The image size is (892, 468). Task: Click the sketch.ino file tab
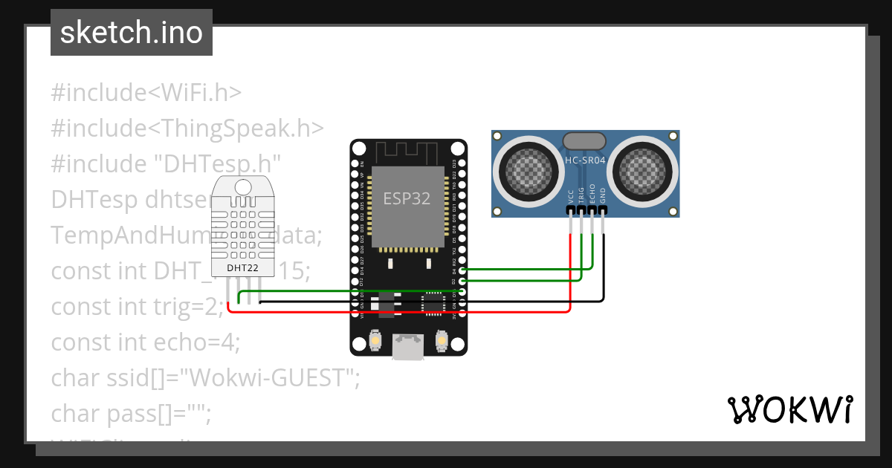(132, 33)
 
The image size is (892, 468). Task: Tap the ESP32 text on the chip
(407, 198)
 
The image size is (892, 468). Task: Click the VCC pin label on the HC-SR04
(571, 196)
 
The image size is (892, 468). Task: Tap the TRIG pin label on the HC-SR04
(581, 195)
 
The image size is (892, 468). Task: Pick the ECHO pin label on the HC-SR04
(592, 193)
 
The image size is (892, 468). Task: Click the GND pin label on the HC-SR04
(603, 195)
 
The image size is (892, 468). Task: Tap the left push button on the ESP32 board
(375, 340)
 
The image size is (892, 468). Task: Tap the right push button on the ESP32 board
(442, 340)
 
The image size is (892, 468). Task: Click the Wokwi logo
(789, 409)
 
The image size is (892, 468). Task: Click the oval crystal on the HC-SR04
(585, 140)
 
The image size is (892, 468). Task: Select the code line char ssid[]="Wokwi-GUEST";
(205, 377)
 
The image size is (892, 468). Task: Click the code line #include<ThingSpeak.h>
(187, 128)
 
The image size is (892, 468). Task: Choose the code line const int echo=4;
(146, 342)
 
